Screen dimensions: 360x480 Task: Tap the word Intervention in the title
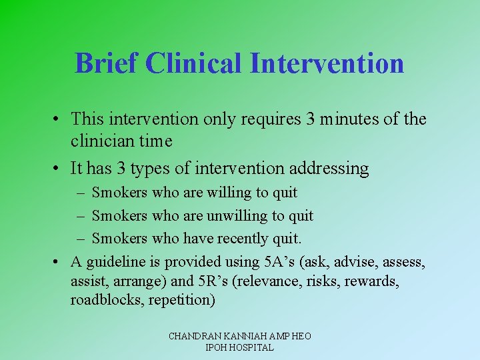(327, 63)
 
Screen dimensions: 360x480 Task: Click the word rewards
(371, 281)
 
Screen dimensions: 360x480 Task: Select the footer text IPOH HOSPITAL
(240, 347)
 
